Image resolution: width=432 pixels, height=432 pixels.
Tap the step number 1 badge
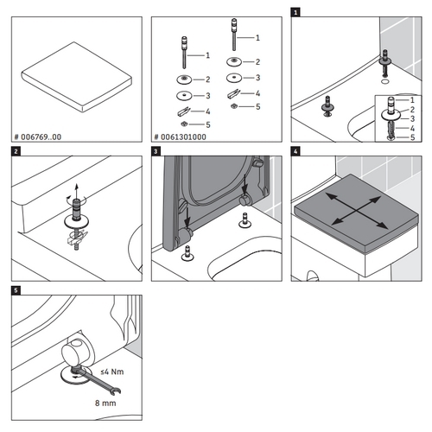click(296, 13)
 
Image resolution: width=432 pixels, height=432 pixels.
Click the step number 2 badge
click(16, 153)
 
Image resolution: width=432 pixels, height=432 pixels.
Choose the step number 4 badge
click(296, 153)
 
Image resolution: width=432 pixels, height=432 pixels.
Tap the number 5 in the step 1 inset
click(412, 137)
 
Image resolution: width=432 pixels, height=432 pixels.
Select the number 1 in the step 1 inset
click(412, 100)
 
